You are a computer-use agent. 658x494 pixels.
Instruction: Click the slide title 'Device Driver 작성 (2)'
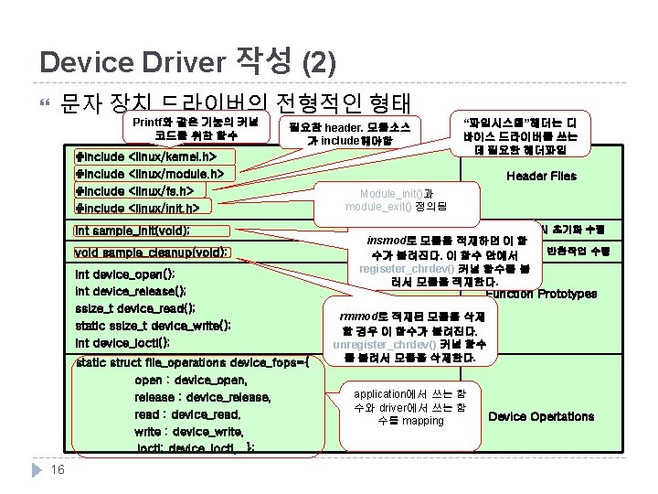point(188,61)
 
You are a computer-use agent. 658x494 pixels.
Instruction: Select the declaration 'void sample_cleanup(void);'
point(151,252)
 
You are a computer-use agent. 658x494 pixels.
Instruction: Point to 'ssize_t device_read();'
point(134,308)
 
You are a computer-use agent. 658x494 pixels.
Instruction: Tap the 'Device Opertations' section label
point(541,416)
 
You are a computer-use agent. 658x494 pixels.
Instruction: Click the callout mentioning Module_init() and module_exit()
point(397,200)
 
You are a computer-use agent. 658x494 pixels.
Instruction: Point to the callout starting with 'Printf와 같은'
point(196,128)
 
